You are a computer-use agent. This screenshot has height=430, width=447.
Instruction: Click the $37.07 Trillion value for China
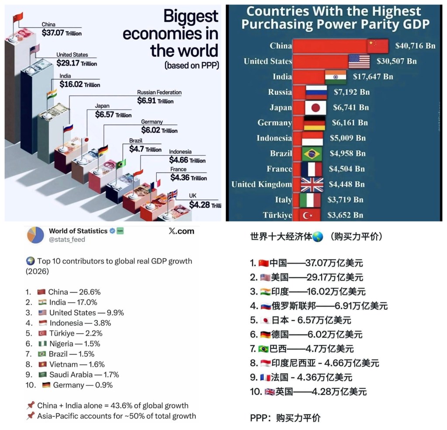pyautogui.click(x=62, y=33)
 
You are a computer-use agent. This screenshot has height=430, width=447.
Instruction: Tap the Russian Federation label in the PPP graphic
pyautogui.click(x=159, y=93)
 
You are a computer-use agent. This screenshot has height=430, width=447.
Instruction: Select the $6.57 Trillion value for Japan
pyautogui.click(x=113, y=114)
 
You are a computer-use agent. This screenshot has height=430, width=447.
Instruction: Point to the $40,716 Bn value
pyautogui.click(x=415, y=45)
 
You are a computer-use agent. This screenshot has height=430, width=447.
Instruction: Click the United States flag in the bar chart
pyautogui.click(x=359, y=61)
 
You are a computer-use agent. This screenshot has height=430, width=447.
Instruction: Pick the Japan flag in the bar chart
pyautogui.click(x=314, y=107)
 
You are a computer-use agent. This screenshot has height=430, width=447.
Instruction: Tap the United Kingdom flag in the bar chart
pyautogui.click(x=312, y=184)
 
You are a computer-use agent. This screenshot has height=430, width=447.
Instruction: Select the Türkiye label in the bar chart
pyautogui.click(x=277, y=215)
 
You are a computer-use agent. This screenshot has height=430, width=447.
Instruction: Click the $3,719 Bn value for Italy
pyautogui.click(x=345, y=200)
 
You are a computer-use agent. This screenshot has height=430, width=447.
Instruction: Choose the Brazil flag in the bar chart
pyautogui.click(x=312, y=153)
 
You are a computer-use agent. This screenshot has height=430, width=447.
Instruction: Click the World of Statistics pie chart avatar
pyautogui.click(x=35, y=235)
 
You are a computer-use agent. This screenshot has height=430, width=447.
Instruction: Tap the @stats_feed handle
pyautogui.click(x=67, y=239)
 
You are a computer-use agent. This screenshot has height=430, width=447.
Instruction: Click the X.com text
pyautogui.click(x=181, y=231)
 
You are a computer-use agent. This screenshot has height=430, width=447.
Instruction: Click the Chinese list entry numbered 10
pyautogui.click(x=308, y=392)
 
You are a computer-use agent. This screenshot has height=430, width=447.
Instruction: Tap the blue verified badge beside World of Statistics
pyautogui.click(x=112, y=231)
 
